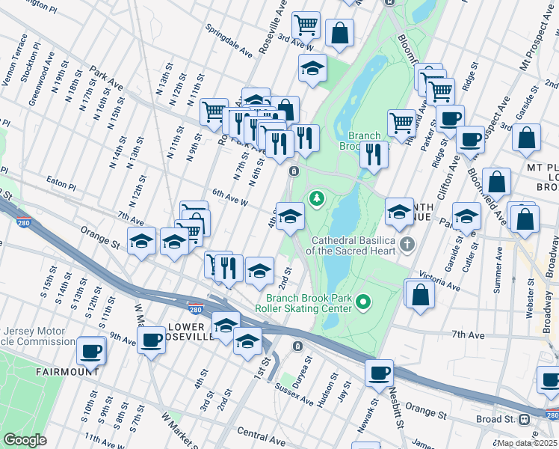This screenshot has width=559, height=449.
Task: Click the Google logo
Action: pyautogui.click(x=25, y=440)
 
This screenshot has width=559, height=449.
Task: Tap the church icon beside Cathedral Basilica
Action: pyautogui.click(x=407, y=244)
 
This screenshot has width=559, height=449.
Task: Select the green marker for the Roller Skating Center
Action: pyautogui.click(x=363, y=302)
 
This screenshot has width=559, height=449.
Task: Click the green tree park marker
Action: pyautogui.click(x=317, y=198)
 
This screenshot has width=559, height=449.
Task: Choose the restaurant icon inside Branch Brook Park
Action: pyautogui.click(x=374, y=154)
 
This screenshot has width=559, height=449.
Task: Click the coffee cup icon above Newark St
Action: pyautogui.click(x=380, y=371)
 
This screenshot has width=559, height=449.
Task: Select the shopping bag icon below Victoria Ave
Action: pyautogui.click(x=420, y=293)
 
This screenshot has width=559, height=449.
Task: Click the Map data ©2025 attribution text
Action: pyautogui.click(x=525, y=443)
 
